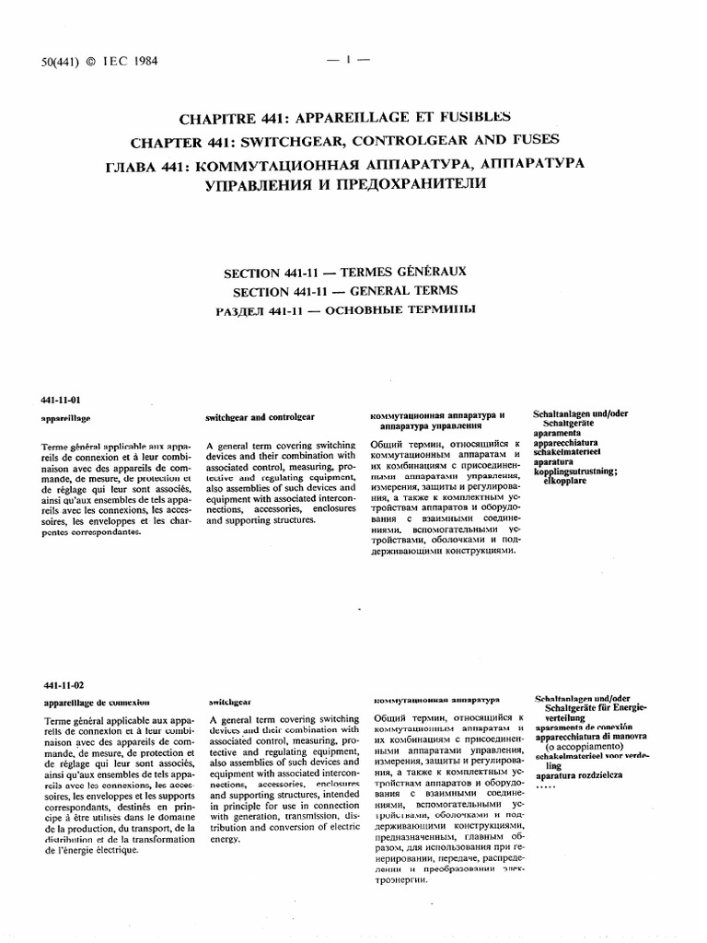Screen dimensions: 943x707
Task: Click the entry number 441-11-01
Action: coord(62,400)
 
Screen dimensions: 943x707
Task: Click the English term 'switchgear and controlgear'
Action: coord(261,416)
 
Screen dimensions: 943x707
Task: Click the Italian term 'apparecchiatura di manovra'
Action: coord(592,737)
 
